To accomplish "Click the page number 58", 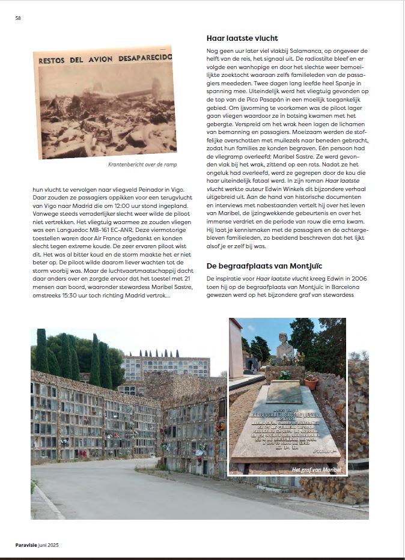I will pos(18,18).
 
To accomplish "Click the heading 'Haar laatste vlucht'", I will pos(242,38).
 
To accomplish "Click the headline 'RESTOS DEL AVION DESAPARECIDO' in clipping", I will pos(105,59).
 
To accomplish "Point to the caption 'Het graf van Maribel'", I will pos(316,469).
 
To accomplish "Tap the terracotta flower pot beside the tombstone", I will pos(311,382).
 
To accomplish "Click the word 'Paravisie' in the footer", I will pos(28,545).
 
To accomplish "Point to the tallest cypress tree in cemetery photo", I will pos(41,352).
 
